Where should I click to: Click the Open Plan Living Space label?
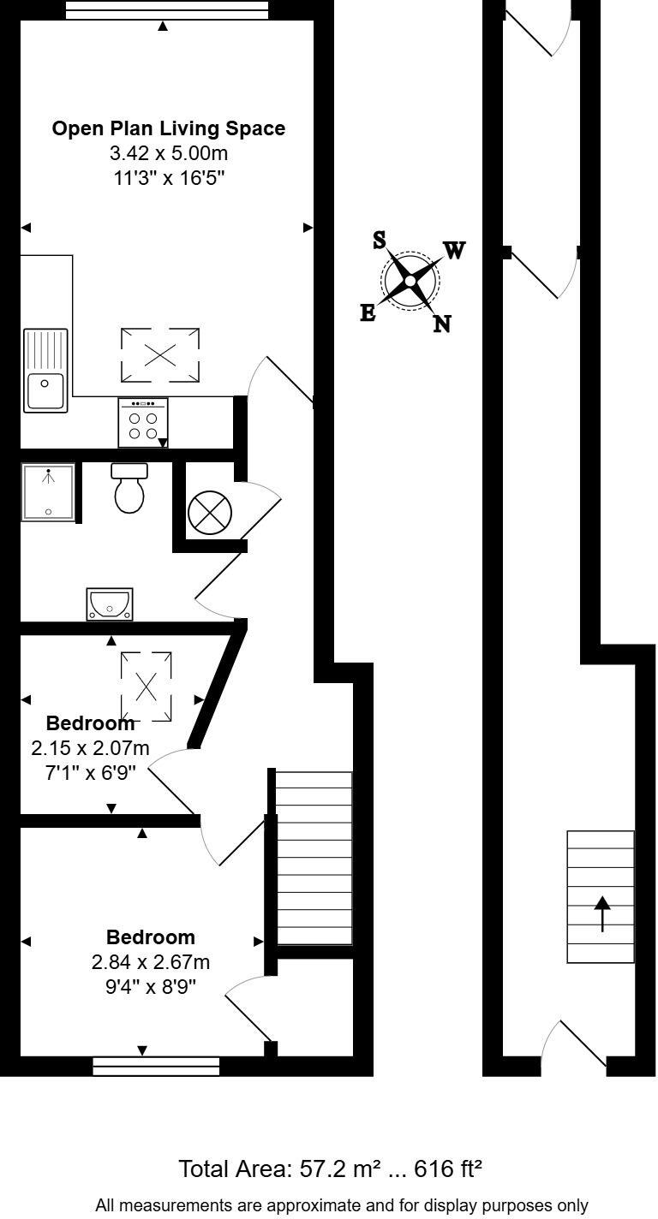pos(168,128)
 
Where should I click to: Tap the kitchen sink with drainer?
pos(45,370)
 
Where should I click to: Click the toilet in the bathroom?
pos(129,490)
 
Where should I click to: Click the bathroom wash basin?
pos(110,604)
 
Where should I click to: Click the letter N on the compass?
pos(442,324)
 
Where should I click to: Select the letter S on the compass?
pos(380,241)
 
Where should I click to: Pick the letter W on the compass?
pos(454,250)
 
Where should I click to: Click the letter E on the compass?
pos(368,313)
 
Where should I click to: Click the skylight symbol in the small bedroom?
pos(147,686)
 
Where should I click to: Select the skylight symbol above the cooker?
pos(160,354)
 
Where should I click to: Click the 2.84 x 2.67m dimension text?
pos(151,962)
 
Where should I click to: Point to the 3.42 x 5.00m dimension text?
pos(169,154)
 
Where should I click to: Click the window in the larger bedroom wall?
pos(156,1066)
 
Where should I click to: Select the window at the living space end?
pos(166,10)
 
